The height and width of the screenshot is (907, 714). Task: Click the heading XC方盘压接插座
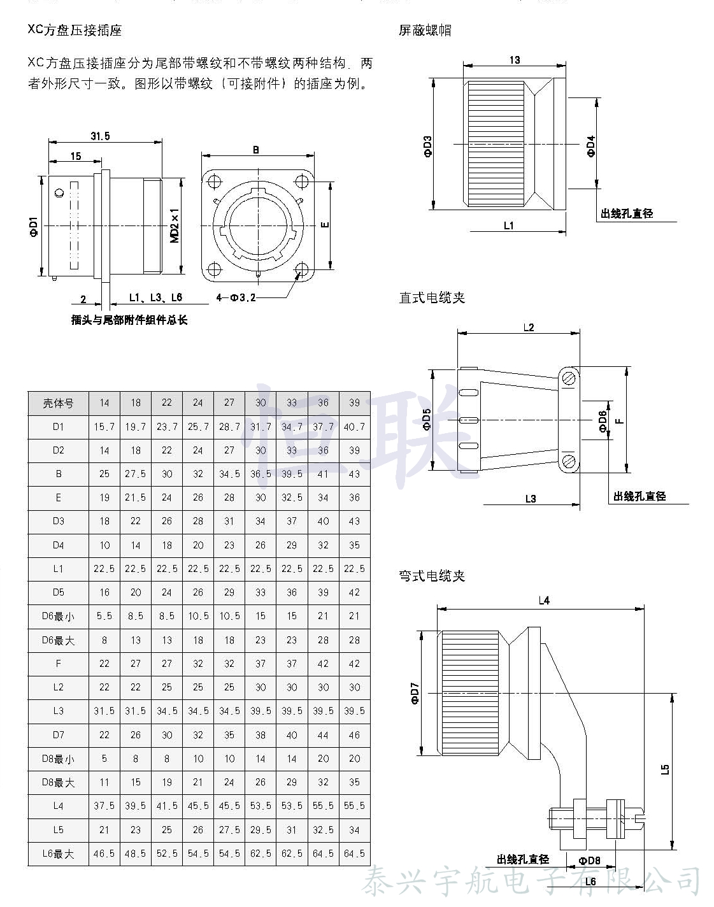(x=75, y=31)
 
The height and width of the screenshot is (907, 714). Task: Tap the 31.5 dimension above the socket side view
(x=100, y=136)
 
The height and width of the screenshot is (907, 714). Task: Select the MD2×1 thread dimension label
(x=175, y=225)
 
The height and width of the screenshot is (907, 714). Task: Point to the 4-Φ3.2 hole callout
(x=236, y=297)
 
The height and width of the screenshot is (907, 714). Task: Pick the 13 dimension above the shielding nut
(x=515, y=60)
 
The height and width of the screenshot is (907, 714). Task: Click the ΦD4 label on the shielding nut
(x=591, y=146)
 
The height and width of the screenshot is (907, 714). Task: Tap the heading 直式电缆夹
(x=432, y=297)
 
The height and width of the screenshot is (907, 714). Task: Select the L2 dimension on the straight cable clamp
(x=529, y=327)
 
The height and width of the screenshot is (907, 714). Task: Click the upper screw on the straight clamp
(x=569, y=378)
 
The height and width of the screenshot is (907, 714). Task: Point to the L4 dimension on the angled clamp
(x=543, y=600)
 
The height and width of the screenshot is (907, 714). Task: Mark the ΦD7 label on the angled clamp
(x=415, y=693)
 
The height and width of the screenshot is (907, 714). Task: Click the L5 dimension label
(x=665, y=769)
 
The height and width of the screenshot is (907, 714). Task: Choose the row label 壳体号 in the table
(x=58, y=403)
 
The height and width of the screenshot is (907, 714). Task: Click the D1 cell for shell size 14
(x=104, y=427)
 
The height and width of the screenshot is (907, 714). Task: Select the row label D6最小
(x=58, y=616)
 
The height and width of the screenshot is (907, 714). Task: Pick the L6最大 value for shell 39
(x=354, y=853)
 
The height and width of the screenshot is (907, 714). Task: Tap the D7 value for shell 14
(x=104, y=735)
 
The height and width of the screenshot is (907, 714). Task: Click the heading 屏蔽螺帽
(x=425, y=31)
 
